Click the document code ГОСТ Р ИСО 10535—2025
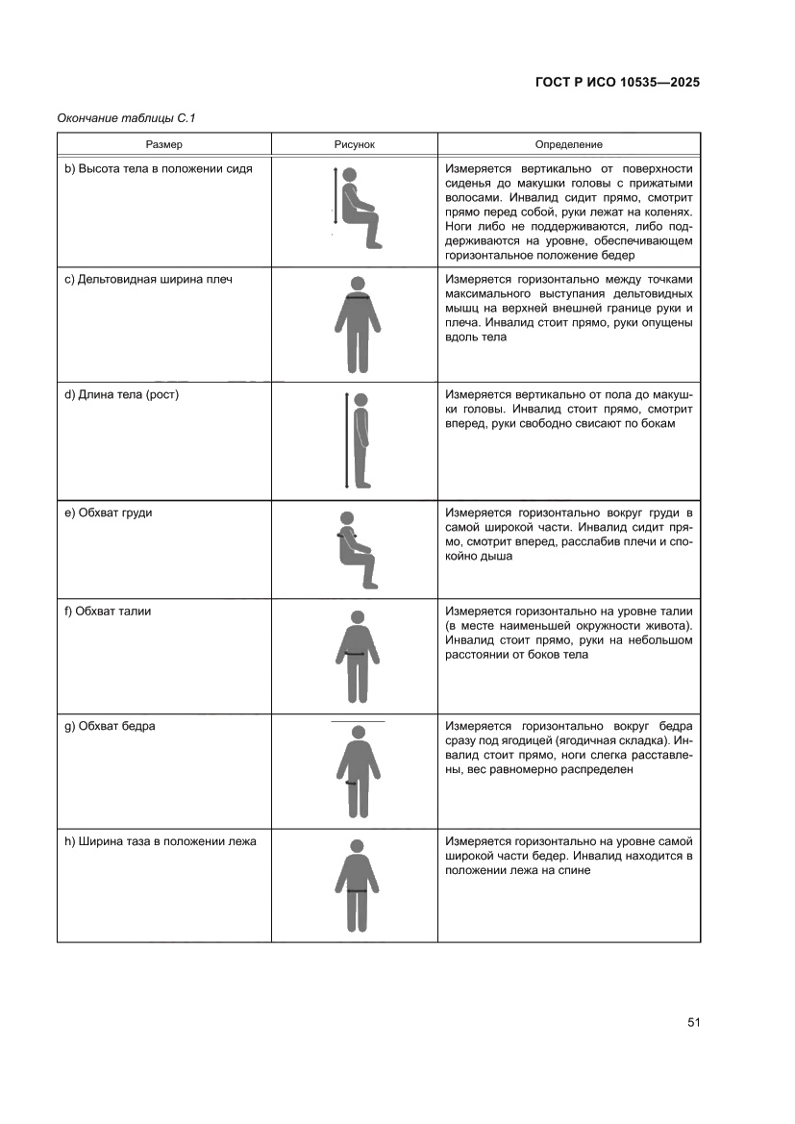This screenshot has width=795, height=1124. point(616,82)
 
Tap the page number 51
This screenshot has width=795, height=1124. point(693,1022)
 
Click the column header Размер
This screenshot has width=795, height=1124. point(164,144)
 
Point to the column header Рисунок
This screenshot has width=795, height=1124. point(354,144)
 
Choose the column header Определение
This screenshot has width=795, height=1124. point(570,144)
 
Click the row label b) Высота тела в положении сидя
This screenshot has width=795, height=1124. point(159,168)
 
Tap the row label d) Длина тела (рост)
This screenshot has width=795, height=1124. point(122,395)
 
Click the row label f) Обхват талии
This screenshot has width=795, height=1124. point(108,611)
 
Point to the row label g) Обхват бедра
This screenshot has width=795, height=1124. point(110,726)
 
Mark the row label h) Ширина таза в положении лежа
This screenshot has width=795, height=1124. point(161,841)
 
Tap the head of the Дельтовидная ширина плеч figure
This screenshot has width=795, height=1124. point(358,284)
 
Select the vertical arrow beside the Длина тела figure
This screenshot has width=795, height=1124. point(346,439)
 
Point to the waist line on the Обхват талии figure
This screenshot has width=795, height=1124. point(357,654)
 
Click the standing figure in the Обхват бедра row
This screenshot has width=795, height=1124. point(358,770)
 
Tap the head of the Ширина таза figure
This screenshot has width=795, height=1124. point(358,846)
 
